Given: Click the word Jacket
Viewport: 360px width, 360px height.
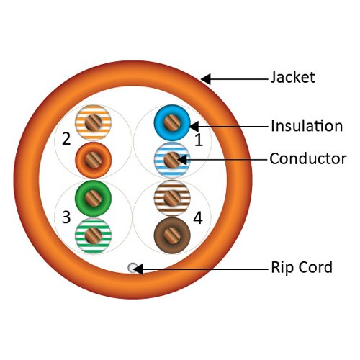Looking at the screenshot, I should click(292, 77).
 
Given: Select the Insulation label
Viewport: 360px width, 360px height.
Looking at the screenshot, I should click(306, 126).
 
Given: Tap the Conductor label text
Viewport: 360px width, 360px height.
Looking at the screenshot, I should click(307, 158).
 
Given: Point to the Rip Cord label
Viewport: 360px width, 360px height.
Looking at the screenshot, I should click(301, 268).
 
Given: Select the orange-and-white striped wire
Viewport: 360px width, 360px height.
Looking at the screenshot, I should click(91, 122).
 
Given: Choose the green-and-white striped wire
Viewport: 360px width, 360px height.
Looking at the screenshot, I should click(92, 233).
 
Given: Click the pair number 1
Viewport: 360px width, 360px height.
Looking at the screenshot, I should click(199, 142).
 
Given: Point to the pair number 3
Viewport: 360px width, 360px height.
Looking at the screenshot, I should click(66, 217).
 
